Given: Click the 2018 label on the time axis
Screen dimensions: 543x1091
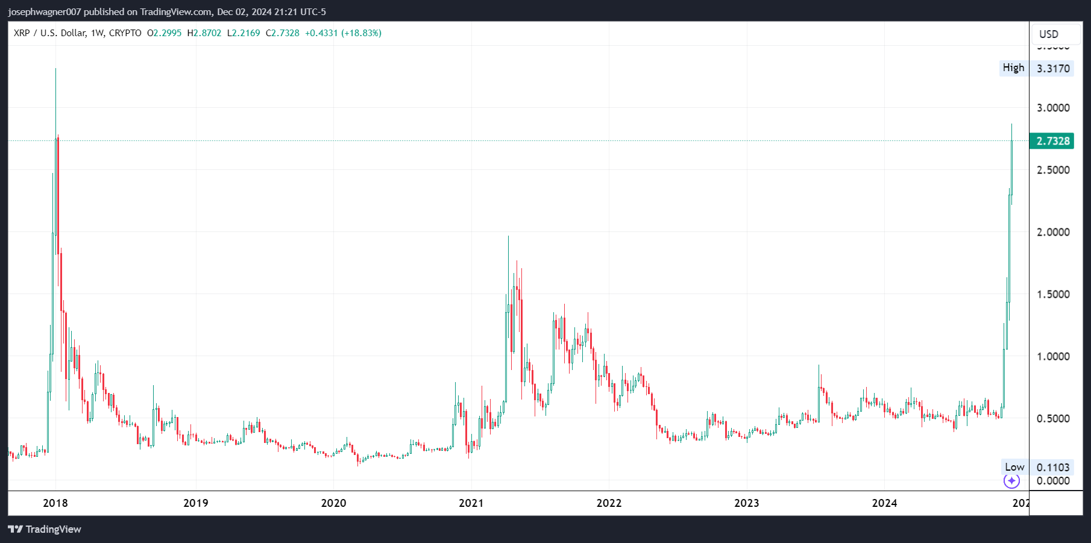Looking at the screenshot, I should point(55,503).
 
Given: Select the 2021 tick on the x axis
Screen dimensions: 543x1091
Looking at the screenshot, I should point(471,503).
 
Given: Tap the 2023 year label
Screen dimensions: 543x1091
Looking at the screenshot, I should point(746,503).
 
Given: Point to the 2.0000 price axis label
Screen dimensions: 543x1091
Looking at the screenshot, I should point(1053,232).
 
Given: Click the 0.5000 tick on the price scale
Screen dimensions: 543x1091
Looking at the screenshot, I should point(1053,419).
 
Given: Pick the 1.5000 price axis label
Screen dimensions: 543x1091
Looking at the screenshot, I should point(1053,295).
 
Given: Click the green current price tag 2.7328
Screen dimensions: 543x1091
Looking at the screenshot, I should point(1052,141).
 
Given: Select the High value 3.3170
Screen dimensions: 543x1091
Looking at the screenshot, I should point(1053,69).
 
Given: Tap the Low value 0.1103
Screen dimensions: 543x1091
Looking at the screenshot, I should point(1053,468).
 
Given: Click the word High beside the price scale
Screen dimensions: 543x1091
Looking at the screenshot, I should point(1013,68).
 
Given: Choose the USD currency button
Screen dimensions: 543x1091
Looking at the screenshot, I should point(1049,34).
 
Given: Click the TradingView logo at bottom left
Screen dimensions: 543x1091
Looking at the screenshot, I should point(45,529).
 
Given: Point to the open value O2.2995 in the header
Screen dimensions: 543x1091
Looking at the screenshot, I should point(165,33).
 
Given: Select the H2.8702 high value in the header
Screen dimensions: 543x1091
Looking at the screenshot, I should point(204,33).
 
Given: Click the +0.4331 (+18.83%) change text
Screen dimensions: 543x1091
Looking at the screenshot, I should point(343,33).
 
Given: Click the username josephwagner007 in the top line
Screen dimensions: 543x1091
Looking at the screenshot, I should point(45,12).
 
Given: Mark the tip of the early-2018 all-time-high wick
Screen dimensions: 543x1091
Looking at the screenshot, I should point(55,69).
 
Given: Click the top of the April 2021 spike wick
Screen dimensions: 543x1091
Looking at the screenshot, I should point(508,236).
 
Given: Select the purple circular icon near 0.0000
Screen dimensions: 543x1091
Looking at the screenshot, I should point(1011,481).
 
